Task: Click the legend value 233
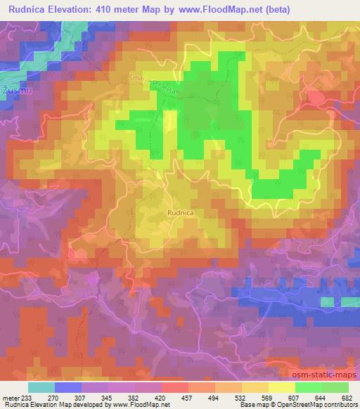click(x=27, y=398)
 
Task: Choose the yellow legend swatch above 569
click(x=255, y=387)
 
